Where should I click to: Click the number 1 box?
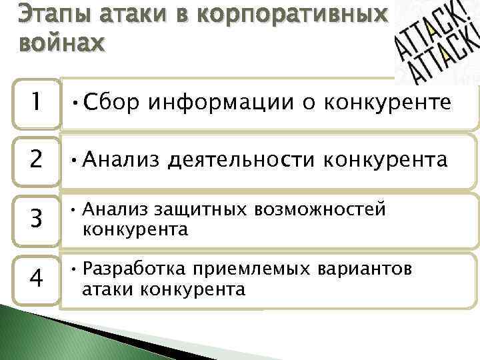click(x=35, y=103)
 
